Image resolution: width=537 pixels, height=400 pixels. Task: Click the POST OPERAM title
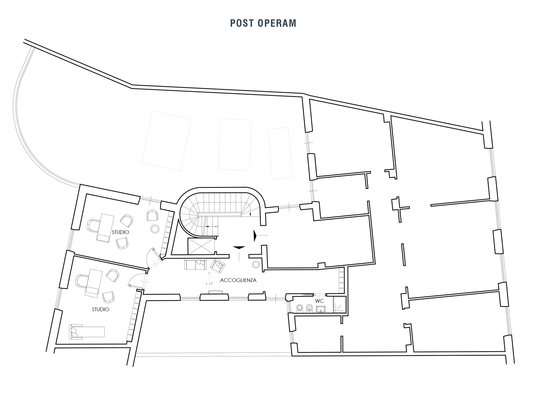(x=263, y=23)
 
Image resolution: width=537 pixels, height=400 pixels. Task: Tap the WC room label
(x=319, y=301)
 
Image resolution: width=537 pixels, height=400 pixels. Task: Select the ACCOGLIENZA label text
(x=238, y=280)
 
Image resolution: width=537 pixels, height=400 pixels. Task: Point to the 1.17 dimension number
(x=209, y=284)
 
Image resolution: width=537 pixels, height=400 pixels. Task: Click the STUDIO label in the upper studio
(x=120, y=232)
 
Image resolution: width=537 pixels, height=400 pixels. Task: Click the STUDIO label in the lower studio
(x=100, y=309)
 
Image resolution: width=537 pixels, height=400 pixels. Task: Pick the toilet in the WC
(x=300, y=308)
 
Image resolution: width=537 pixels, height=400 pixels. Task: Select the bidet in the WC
(x=309, y=308)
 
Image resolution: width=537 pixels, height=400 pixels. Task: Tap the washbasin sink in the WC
(x=321, y=309)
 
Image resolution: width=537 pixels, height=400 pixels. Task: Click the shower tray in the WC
(x=340, y=304)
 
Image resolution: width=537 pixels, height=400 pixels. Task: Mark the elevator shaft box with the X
(x=201, y=246)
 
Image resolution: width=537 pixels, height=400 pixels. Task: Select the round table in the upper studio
(x=155, y=229)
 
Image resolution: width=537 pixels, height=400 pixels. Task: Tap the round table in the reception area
(x=256, y=264)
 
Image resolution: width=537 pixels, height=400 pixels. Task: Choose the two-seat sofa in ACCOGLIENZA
(x=196, y=264)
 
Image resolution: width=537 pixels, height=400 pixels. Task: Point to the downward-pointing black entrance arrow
(x=239, y=247)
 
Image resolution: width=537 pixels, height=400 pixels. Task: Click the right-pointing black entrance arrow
(x=255, y=236)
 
